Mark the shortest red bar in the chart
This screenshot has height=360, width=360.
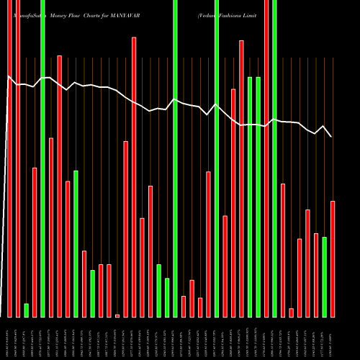[117, 315]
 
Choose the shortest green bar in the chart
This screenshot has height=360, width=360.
[27, 310]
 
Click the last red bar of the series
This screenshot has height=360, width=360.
[333, 259]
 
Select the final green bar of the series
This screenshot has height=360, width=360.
[325, 277]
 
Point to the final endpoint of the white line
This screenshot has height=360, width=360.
[331, 137]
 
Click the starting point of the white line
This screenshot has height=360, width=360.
[7, 76]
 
